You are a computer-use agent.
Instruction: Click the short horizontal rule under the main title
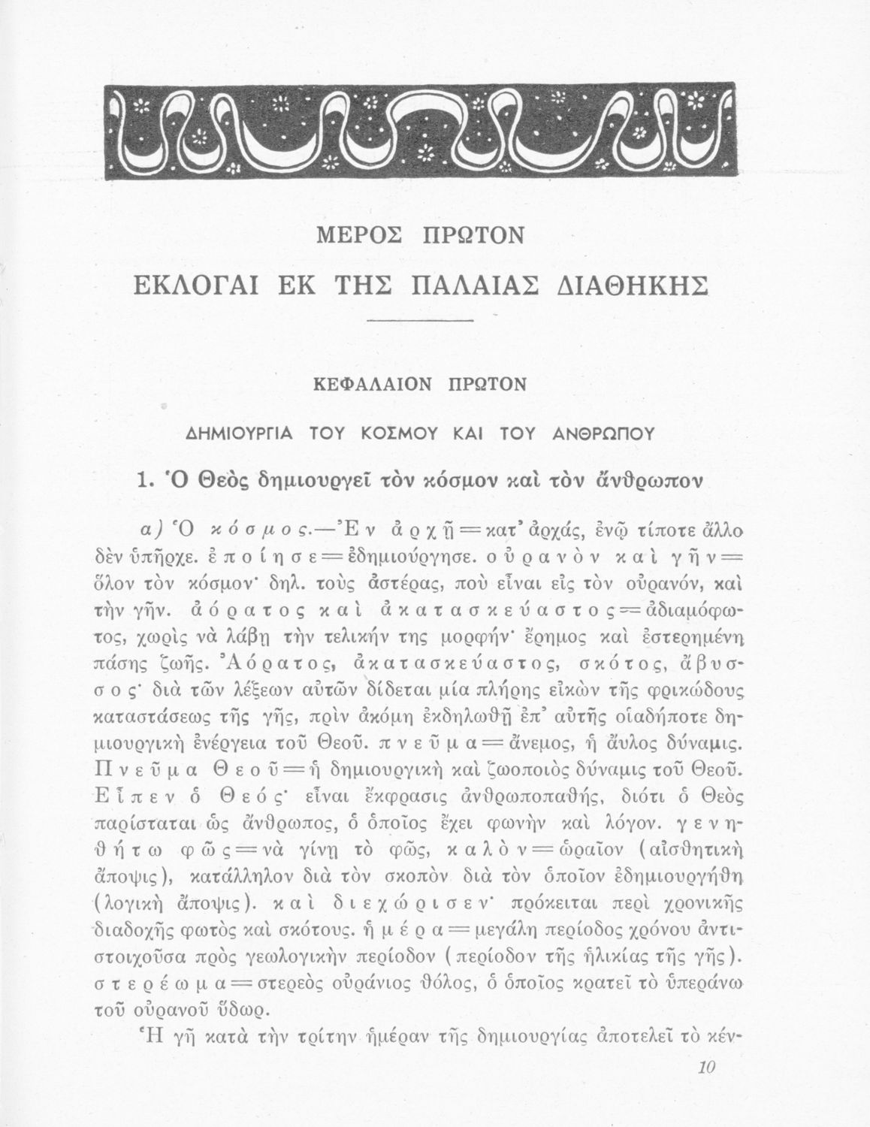(x=424, y=322)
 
